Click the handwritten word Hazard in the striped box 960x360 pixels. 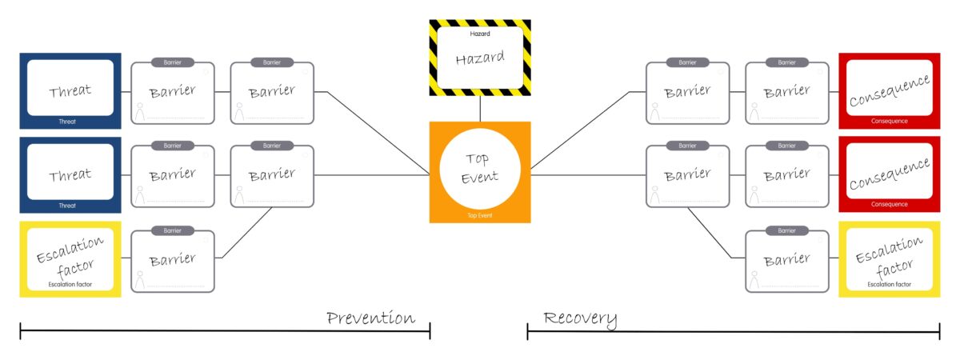click(480, 59)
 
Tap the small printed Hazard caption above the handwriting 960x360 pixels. click(480, 34)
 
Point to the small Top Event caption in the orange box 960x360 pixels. click(480, 215)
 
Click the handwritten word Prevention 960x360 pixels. click(370, 318)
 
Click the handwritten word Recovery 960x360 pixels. click(580, 318)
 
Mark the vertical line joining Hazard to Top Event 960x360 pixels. click(480, 108)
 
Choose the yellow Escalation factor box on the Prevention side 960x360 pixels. click(70, 258)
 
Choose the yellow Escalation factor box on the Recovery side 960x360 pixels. click(889, 258)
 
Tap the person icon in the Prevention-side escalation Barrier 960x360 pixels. click(140, 279)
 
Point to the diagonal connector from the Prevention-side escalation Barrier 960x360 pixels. click(247, 233)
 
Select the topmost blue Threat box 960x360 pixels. click(70, 90)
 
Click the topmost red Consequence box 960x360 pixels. click(889, 90)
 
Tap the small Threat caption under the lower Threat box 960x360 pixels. click(67, 206)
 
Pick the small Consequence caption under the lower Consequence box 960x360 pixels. click(889, 204)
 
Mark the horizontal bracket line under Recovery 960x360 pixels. click(733, 330)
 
